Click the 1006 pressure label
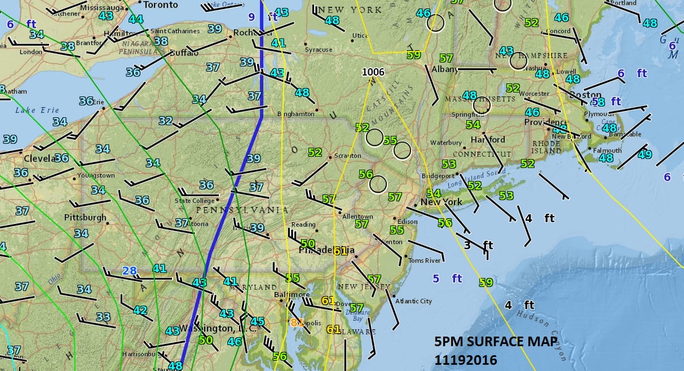pos(373,72)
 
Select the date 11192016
pos(466,358)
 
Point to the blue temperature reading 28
pos(130,271)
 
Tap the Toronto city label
pos(160,5)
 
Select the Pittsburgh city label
pos(85,217)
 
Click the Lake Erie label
pos(34,110)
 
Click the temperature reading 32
pos(165,121)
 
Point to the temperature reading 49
pos(645,154)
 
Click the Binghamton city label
pos(296,114)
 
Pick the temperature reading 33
pos(103,317)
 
